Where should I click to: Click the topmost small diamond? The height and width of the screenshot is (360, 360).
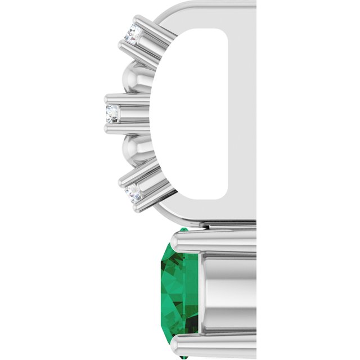133,34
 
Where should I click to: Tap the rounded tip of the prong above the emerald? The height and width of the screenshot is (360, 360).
179,238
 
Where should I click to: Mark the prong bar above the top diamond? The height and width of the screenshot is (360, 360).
149,26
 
